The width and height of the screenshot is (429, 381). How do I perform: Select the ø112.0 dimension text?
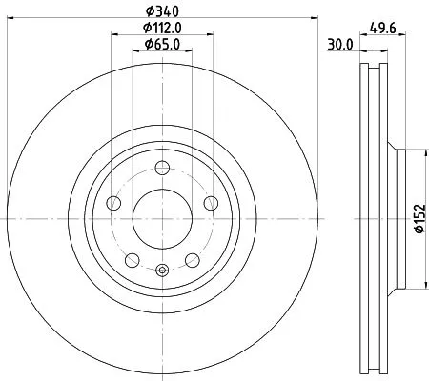[162, 28]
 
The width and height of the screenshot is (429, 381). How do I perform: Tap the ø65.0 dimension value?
[162, 44]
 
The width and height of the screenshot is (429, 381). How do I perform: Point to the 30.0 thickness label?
[340, 44]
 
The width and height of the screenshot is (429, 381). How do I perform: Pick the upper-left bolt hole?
[114, 203]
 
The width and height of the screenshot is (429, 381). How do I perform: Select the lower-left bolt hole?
[132, 258]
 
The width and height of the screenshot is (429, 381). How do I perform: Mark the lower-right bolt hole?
[191, 258]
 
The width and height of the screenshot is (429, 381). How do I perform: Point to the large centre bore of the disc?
[161, 219]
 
